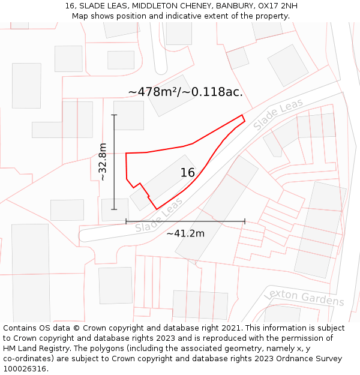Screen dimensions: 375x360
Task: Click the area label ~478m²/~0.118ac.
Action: pyautogui.click(x=185, y=92)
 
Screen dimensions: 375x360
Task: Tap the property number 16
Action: pyautogui.click(x=188, y=173)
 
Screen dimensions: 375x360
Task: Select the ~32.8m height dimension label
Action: pyautogui.click(x=103, y=162)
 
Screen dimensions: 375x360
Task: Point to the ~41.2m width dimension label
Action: pyautogui.click(x=185, y=233)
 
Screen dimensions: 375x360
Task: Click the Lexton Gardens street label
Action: pyautogui.click(x=304, y=297)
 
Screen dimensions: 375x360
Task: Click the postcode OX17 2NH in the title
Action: pyautogui.click(x=278, y=6)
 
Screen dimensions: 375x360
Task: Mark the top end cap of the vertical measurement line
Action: pyautogui.click(x=114, y=115)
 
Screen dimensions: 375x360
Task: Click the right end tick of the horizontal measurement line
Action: pyautogui.click(x=245, y=221)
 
